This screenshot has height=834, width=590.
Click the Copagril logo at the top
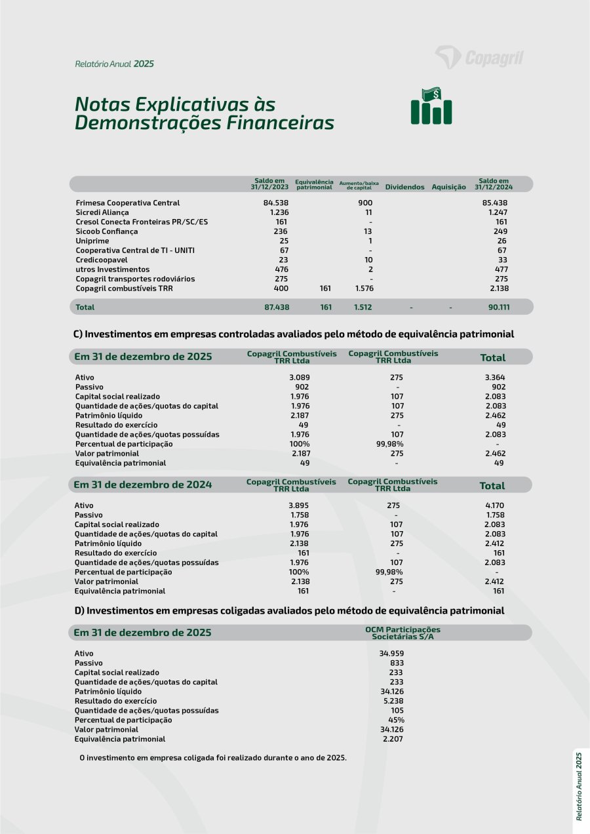point(479,58)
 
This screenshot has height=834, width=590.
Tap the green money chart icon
point(431,106)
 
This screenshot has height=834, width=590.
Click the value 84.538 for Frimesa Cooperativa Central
point(276,203)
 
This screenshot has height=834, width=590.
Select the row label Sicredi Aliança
point(102,212)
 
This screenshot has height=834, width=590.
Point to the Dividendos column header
point(404,188)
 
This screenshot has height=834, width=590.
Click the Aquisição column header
point(448,188)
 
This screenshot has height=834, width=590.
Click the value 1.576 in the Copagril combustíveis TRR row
point(364,288)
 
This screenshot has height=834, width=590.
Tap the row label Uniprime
point(92,241)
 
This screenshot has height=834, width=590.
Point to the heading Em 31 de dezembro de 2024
point(143,485)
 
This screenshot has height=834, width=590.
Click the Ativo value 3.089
point(299,378)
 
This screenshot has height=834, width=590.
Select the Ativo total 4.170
point(495,506)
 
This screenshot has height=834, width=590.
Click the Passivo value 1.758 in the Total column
point(495,515)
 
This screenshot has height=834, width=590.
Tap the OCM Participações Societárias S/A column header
point(403,633)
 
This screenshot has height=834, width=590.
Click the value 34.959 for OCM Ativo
point(391,654)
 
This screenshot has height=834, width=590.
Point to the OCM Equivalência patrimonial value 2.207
point(393,739)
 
